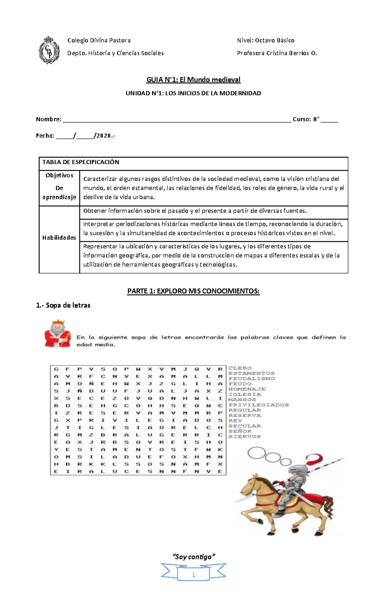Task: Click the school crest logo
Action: click(49, 50)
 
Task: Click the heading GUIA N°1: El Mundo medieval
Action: click(193, 79)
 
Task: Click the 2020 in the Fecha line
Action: click(104, 136)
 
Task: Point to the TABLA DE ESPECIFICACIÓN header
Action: click(81, 162)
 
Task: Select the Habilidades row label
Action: click(59, 238)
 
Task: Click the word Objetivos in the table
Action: click(59, 175)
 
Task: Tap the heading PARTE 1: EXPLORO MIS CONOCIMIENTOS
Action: click(193, 291)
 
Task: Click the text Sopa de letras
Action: click(68, 305)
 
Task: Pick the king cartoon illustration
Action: click(58, 333)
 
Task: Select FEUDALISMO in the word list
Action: click(252, 378)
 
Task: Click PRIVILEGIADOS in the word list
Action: click(259, 405)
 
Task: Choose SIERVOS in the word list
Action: click(244, 436)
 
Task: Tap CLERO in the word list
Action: click(240, 368)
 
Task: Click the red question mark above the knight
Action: click(314, 460)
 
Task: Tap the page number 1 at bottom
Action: click(193, 575)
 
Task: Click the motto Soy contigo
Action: click(194, 557)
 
